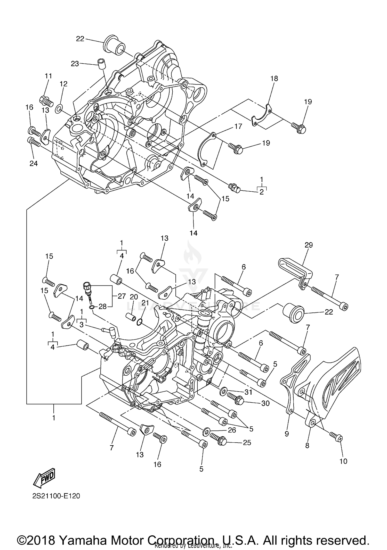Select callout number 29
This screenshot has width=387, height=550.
pos(309,245)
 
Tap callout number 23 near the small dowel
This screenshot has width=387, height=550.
pos(75,64)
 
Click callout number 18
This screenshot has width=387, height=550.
pos(274,79)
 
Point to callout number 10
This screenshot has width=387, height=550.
pos(343,461)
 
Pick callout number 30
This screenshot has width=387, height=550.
pos(265,403)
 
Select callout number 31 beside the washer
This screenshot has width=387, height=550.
pos(248,392)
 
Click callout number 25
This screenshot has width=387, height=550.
pos(247,442)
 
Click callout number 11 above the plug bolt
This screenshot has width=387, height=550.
pos(48,76)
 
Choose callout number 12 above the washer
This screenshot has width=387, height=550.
pos(63,84)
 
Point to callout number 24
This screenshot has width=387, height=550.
pos(34,163)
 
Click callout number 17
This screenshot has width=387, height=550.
pos(238,126)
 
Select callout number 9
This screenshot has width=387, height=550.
pos(287,434)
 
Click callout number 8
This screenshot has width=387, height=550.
pos(307,445)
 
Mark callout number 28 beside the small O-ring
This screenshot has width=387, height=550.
pos(102,307)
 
